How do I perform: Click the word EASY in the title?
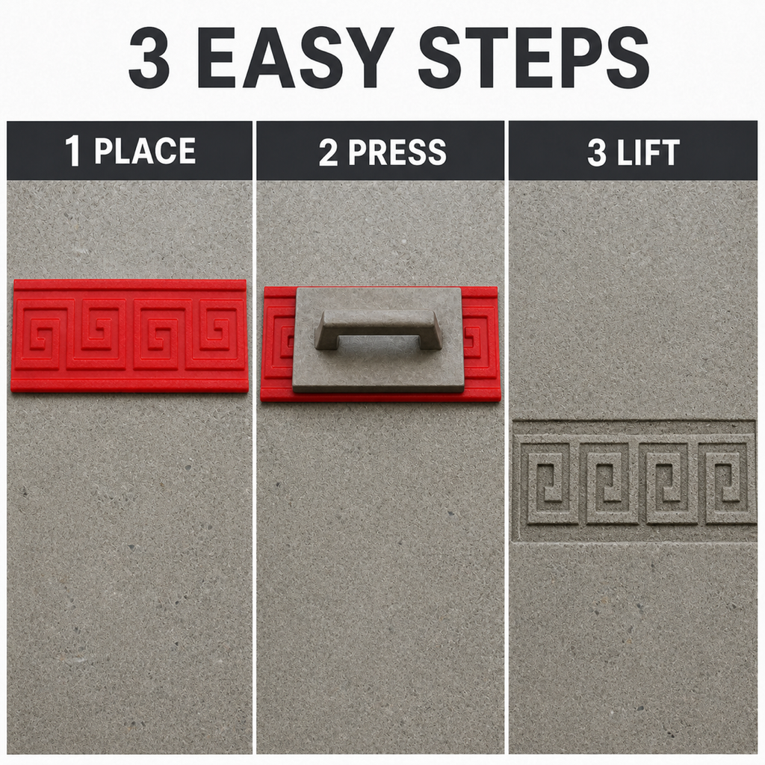pos(294,57)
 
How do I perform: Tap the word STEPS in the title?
pos(533,57)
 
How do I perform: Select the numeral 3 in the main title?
pos(149,58)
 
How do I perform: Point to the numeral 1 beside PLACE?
pos(72,151)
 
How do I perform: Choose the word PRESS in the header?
pos(397,152)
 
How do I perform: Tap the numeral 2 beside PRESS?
pos(329,152)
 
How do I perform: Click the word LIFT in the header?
pos(648,152)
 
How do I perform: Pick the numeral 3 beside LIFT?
pos(597,152)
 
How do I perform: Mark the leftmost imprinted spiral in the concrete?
pos(548,483)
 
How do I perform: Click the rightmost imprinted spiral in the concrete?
pos(727,483)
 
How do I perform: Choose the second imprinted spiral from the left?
pos(608,483)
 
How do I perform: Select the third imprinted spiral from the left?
pos(667,483)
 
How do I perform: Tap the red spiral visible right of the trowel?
pos(477,338)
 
